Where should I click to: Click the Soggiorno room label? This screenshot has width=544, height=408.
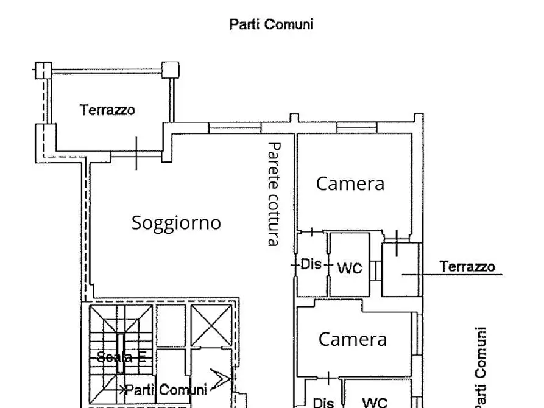pos(176,223)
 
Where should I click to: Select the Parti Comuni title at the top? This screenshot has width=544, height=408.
pos(271,24)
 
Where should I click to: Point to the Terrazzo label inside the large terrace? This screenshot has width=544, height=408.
pos(107,110)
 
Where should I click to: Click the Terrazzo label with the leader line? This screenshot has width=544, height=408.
pos(467,266)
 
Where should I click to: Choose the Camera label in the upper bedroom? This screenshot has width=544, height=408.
pos(350,183)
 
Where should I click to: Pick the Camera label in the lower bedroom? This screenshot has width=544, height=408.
pos(352,339)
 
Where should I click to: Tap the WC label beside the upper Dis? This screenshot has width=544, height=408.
pos(350,268)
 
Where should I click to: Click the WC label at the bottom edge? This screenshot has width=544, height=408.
pos(375,402)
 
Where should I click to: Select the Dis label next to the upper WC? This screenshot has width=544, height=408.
pos(311,265)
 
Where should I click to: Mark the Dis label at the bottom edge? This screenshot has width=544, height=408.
pos(322,403)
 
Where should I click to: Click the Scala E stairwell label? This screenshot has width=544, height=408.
pos(121,357)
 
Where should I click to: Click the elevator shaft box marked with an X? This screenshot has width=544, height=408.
pos(210,325)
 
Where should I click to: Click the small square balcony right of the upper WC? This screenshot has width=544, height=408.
pos(401,270)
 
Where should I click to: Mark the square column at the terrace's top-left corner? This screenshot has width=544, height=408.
pos(43,71)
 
